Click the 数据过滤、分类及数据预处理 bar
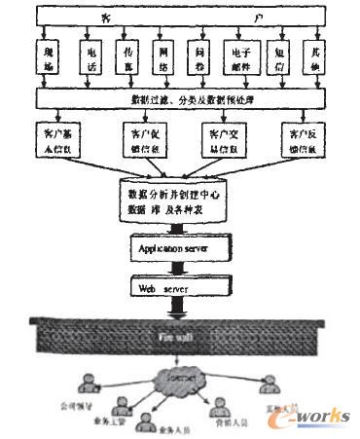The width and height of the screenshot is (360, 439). tap(180, 99)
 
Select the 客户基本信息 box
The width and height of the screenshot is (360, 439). tap(59, 135)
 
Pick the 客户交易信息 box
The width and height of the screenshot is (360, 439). tap(222, 135)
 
